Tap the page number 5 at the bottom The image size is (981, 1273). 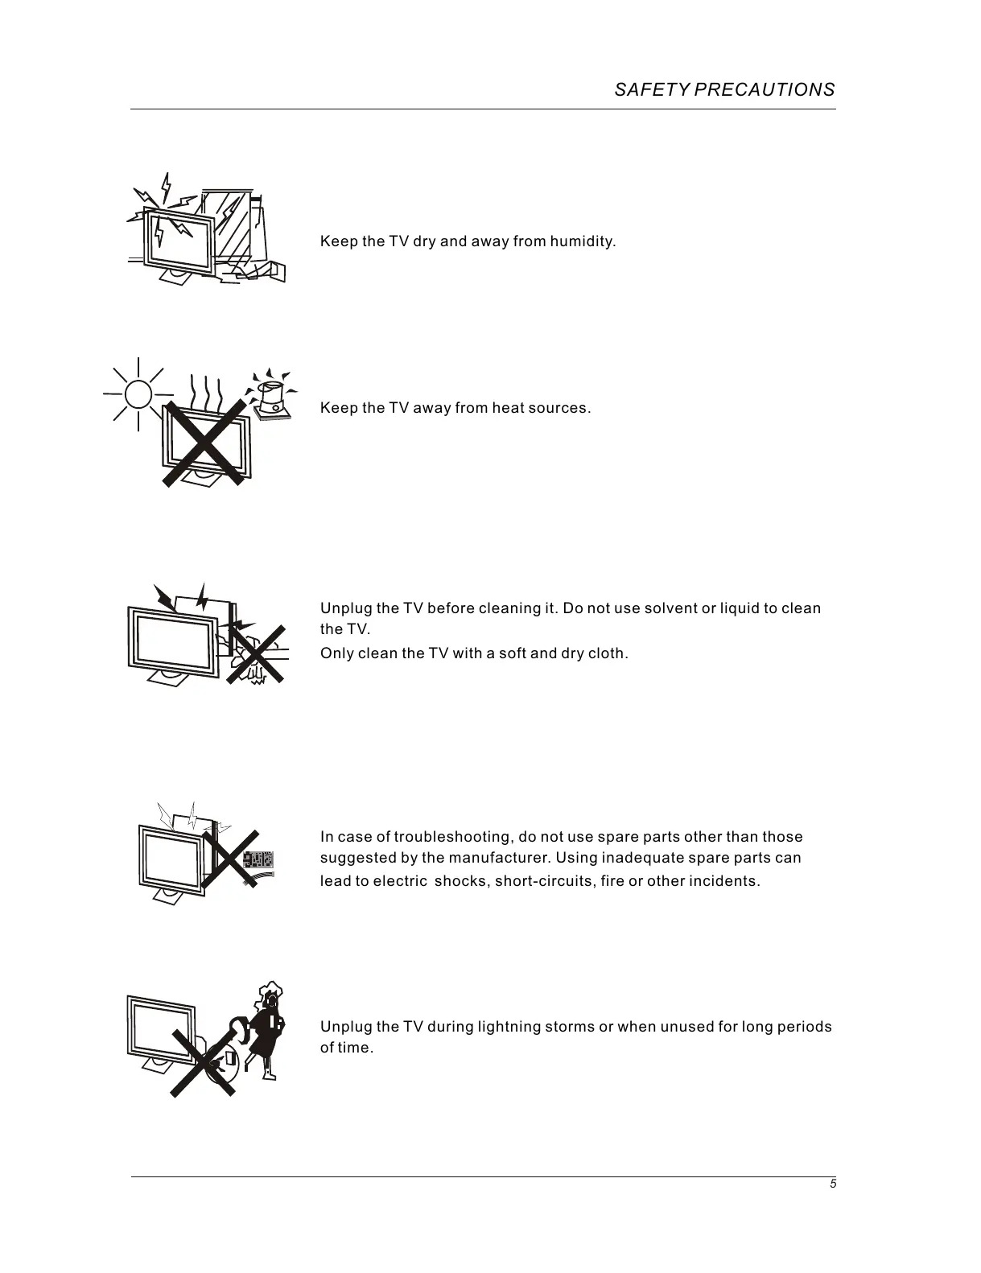pos(833,1184)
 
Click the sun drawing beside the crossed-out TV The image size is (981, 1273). pos(138,394)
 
